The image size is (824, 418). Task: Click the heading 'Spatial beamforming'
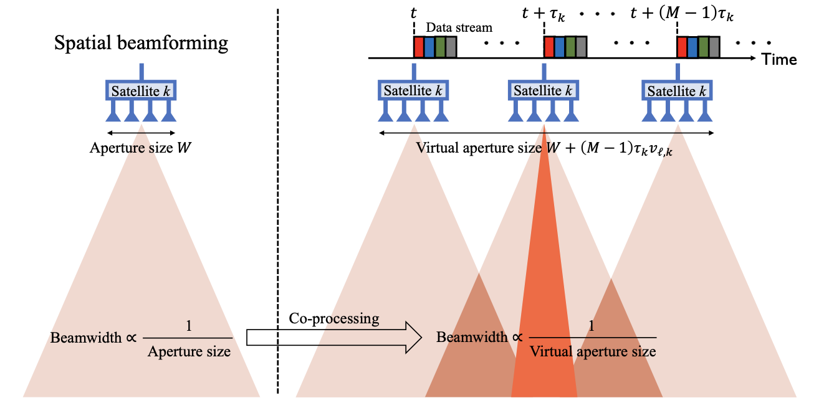click(141, 44)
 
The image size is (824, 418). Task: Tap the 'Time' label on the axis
click(779, 60)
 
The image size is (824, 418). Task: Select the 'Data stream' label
click(459, 27)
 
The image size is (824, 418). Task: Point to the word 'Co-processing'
click(334, 318)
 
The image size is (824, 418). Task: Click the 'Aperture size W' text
click(141, 148)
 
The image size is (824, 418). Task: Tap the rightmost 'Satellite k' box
click(678, 91)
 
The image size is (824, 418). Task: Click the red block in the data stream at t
click(419, 47)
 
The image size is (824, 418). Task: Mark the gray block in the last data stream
click(714, 47)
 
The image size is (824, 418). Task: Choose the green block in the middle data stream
click(570, 47)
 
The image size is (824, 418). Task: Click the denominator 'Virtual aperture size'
click(593, 351)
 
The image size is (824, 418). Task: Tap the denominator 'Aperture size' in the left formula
click(189, 352)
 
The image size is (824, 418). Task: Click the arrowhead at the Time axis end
click(754, 59)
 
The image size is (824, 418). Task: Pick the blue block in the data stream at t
click(429, 47)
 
